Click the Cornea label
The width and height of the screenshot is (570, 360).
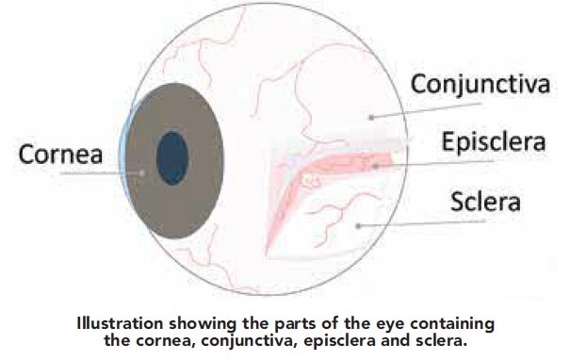(60, 154)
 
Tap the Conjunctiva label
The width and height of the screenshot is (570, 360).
(480, 85)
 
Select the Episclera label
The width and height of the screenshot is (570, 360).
(494, 142)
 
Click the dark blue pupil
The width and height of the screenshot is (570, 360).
(172, 158)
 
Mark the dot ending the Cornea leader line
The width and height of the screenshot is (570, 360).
(142, 173)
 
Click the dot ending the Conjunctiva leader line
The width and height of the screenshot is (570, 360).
(371, 117)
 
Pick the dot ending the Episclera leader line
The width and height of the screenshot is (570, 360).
(376, 167)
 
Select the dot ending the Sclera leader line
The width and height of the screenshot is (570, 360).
(358, 226)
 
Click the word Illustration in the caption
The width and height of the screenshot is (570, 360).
(120, 323)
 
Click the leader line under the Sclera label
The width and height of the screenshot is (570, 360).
(422, 223)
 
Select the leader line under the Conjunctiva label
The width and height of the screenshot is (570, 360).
(427, 110)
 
